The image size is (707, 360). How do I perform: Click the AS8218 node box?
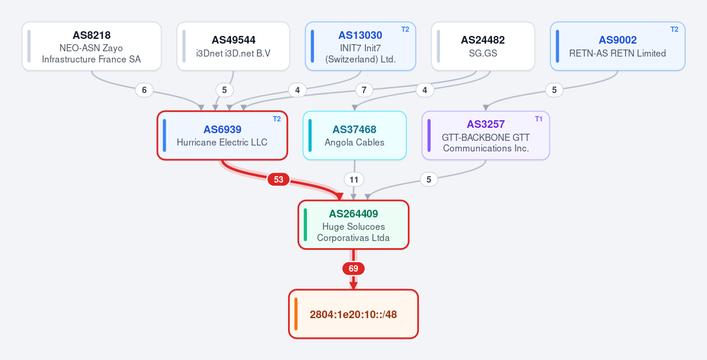click(91, 47)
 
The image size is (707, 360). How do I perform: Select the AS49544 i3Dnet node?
click(233, 47)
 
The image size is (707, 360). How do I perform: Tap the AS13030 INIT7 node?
click(361, 47)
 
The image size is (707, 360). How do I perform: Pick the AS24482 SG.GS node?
click(483, 47)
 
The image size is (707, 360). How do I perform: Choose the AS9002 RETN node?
click(617, 47)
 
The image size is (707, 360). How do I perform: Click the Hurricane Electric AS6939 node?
click(222, 136)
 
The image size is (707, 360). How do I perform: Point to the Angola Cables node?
click(355, 136)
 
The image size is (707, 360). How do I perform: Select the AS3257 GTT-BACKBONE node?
click(485, 136)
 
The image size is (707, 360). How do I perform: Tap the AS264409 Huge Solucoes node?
click(353, 224)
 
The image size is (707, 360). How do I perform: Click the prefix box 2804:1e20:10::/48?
click(353, 314)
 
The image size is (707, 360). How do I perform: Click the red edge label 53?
click(278, 180)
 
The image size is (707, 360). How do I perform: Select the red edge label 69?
click(353, 269)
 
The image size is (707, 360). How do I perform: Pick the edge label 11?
click(354, 180)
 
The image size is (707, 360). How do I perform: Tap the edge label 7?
click(364, 90)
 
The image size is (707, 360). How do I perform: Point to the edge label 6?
click(144, 90)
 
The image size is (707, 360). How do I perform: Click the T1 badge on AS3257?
click(538, 119)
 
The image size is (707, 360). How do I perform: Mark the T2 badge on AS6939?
click(277, 119)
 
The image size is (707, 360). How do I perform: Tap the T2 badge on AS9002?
click(675, 29)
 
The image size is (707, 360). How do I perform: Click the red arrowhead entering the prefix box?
click(353, 286)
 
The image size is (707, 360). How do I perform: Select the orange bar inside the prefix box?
click(296, 314)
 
